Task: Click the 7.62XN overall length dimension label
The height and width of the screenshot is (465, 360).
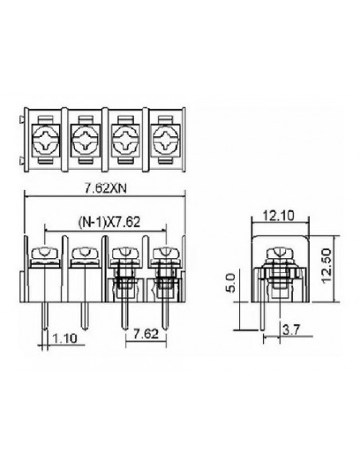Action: pyautogui.click(x=105, y=189)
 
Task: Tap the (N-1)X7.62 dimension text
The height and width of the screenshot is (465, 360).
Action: pyautogui.click(x=108, y=222)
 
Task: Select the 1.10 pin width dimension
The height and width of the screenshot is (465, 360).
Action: pyautogui.click(x=65, y=338)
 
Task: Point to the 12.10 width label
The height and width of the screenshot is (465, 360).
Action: pyautogui.click(x=279, y=216)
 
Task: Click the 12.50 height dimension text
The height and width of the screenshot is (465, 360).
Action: pyautogui.click(x=326, y=266)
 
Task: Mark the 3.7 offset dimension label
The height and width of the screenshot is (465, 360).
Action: pyautogui.click(x=292, y=330)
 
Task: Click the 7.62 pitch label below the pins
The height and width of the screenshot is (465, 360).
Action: pyautogui.click(x=146, y=334)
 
